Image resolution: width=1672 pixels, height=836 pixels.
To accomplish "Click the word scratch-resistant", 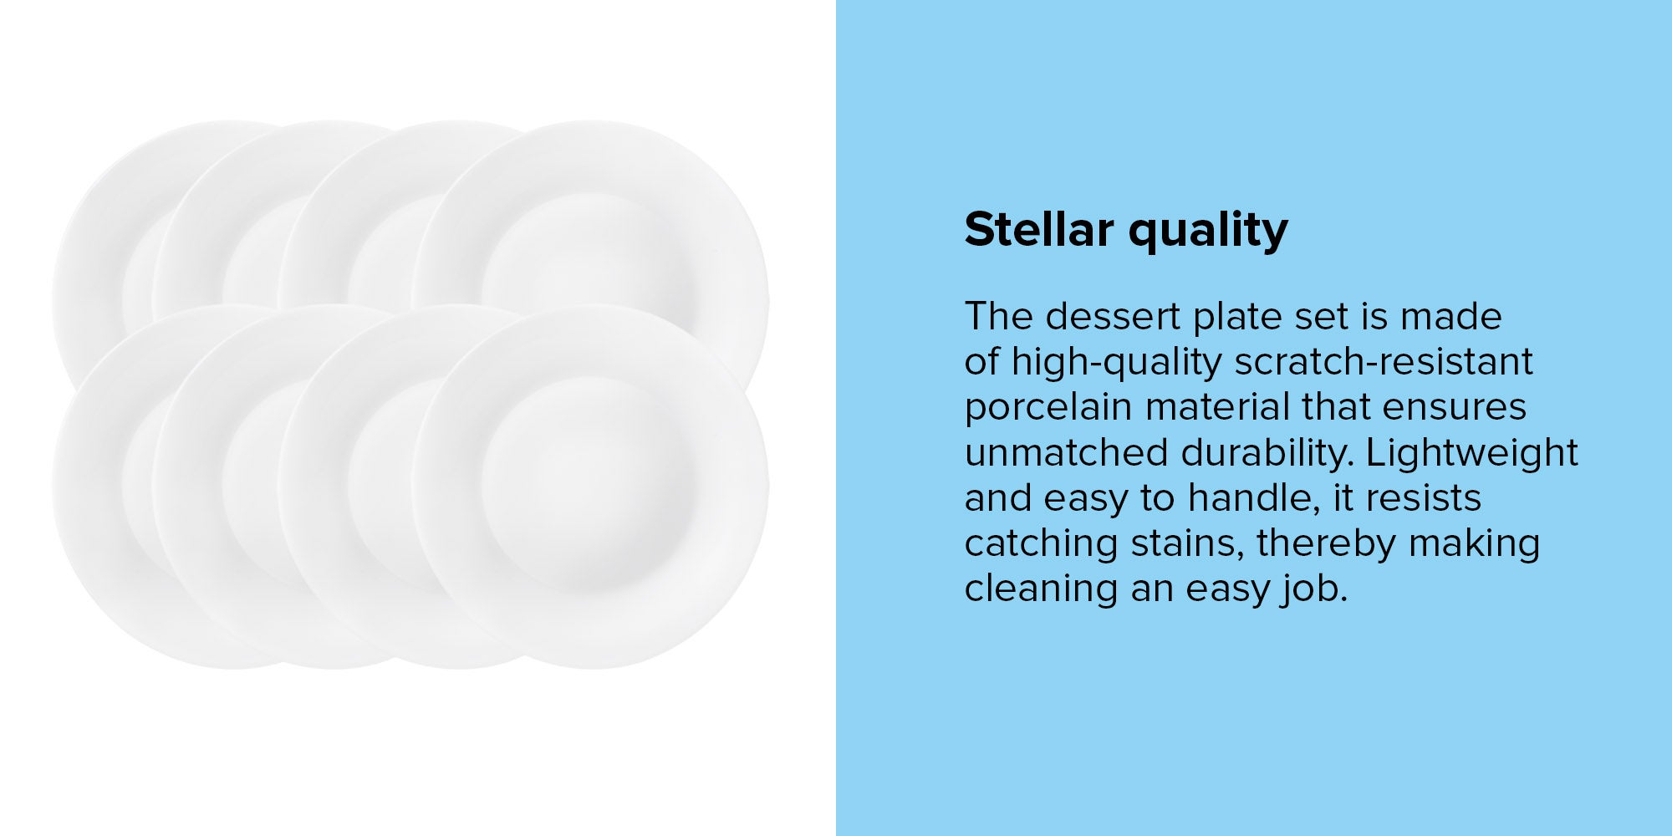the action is coord(1384,362).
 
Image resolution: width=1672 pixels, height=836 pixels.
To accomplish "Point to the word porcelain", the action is coord(1049,408).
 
